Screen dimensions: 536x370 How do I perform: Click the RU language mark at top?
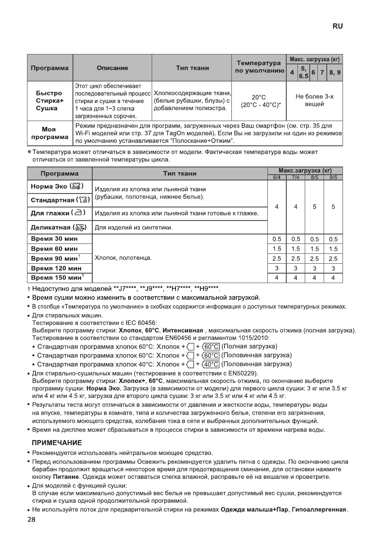pyautogui.click(x=338, y=27)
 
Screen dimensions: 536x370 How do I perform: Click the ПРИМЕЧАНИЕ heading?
pyautogui.click(x=56, y=443)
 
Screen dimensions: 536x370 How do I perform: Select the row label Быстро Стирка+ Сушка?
pyautogui.click(x=50, y=101)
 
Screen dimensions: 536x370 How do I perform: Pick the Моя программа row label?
pyautogui.click(x=50, y=133)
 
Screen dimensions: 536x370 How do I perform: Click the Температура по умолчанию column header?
pyautogui.click(x=259, y=68)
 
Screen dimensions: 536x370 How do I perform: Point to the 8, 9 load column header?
pyautogui.click(x=334, y=72)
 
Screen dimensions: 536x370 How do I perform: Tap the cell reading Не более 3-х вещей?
pyautogui.click(x=315, y=101)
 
